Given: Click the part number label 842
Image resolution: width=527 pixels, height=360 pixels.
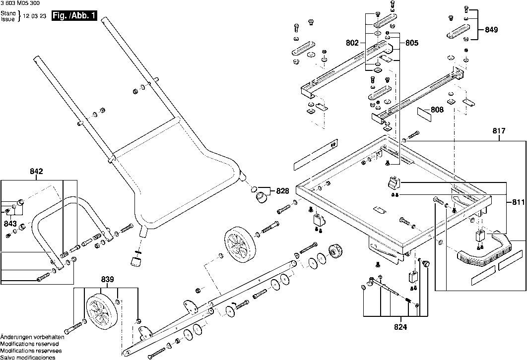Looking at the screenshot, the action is [x=36, y=171].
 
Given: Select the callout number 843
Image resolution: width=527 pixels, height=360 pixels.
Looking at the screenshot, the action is [x=10, y=224].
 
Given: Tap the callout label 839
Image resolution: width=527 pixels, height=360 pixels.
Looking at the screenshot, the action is [x=108, y=279].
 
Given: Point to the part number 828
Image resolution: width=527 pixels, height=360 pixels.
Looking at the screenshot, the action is [x=283, y=191].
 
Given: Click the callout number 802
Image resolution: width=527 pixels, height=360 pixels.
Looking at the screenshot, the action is [x=352, y=43].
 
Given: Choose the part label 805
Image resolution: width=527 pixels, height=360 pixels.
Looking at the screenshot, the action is [x=412, y=43].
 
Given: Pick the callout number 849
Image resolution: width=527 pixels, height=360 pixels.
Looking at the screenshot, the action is [x=491, y=30].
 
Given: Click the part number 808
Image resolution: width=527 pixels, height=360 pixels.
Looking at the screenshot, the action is [x=437, y=110].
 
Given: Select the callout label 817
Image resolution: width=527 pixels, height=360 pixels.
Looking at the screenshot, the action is [x=499, y=130].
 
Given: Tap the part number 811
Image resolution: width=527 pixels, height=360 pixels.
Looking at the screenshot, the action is [x=519, y=202].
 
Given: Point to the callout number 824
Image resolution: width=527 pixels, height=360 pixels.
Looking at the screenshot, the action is [x=400, y=327].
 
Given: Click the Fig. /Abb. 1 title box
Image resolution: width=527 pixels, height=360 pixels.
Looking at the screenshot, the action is [x=74, y=16].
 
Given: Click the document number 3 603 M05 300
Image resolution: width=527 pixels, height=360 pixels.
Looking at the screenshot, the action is [x=20, y=3].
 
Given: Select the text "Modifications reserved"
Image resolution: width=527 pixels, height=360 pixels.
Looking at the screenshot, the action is [x=30, y=344].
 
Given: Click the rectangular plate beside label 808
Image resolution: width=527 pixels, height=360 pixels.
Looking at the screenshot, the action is [x=424, y=115].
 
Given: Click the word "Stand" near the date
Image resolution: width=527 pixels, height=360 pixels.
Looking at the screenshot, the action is [x=8, y=13].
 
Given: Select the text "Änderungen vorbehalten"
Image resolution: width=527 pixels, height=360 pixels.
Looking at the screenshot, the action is [x=32, y=337].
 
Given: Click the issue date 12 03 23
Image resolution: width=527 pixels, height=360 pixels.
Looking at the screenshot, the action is [x=34, y=16].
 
